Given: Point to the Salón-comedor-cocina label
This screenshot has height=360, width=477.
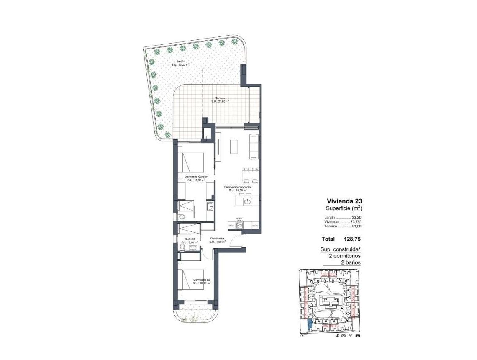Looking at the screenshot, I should [237, 188].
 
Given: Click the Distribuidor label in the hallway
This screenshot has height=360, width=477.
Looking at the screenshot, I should [218, 240].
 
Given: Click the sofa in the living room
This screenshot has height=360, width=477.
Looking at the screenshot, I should [254, 147].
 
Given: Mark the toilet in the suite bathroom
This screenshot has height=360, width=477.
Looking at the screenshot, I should [181, 216].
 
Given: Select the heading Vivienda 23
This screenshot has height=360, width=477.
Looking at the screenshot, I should [344, 201].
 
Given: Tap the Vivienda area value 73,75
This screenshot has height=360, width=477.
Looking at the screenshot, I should [355, 222].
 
